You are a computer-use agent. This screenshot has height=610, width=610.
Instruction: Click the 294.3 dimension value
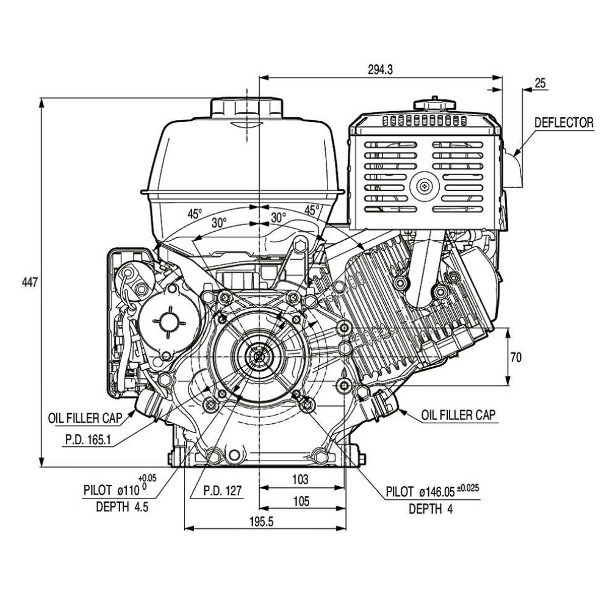tap(381, 70)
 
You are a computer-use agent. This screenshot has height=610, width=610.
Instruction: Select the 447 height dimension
tap(30, 282)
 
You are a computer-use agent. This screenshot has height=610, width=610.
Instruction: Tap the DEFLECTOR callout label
tap(564, 123)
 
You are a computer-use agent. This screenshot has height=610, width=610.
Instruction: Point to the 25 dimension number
tap(540, 83)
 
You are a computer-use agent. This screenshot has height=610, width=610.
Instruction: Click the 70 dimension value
tap(516, 357)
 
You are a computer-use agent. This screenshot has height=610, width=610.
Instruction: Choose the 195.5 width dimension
tap(262, 522)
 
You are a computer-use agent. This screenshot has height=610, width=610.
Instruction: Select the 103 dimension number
tap(300, 479)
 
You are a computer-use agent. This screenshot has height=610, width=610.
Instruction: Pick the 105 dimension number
tap(301, 501)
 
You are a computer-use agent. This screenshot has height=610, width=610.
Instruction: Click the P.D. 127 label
tap(223, 490)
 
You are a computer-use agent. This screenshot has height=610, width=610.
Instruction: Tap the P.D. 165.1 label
tap(88, 440)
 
